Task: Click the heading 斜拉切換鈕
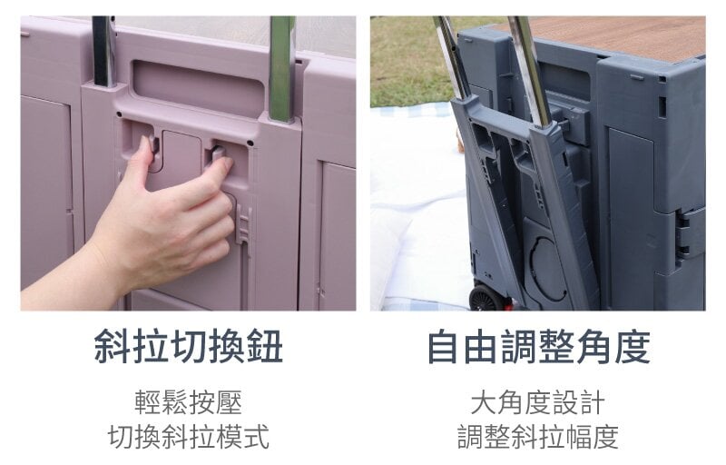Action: point(188,346)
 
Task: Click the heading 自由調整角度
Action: point(538,346)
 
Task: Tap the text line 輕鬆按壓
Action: point(189,402)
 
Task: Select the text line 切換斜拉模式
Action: point(189,436)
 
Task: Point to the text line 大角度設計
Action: point(538,402)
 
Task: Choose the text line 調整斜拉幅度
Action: point(538,436)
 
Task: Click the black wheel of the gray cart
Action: point(487,298)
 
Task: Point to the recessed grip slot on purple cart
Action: point(198,86)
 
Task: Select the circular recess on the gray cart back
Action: point(547,270)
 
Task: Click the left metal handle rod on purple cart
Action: point(103,51)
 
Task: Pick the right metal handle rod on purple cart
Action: point(281,69)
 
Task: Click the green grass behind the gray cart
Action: point(407,60)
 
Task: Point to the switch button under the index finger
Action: point(219,153)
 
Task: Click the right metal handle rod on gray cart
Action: point(530,69)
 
